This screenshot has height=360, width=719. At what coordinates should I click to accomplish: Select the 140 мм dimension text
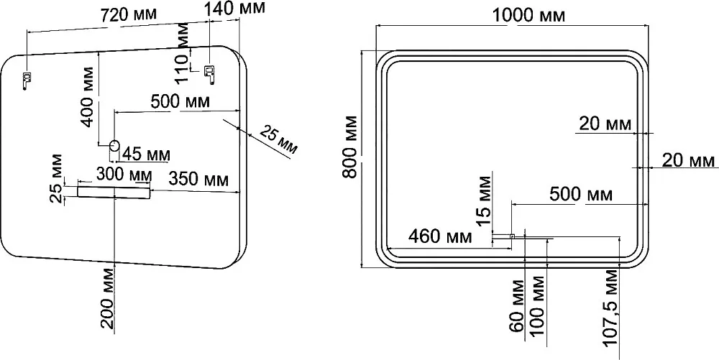235,8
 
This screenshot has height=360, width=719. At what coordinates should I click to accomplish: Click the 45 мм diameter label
146,154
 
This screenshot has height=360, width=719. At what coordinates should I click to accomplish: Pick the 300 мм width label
124,174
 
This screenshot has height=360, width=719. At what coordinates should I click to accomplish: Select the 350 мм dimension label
198,179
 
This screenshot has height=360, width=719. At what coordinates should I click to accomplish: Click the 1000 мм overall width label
528,16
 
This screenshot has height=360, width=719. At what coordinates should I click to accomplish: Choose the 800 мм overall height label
352,147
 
